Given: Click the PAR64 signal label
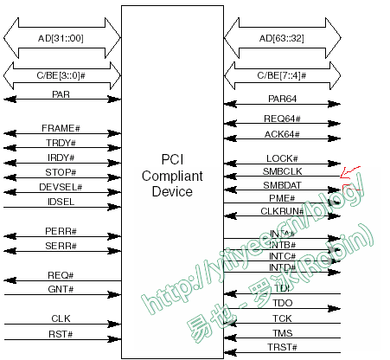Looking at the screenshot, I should [x=281, y=99].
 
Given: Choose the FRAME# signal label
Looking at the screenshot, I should [x=61, y=128].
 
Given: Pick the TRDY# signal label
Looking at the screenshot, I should [x=61, y=143].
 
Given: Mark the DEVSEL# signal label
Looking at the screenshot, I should [x=61, y=187].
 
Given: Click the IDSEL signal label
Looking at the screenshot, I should [x=61, y=202].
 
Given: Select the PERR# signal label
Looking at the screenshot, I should [x=61, y=231].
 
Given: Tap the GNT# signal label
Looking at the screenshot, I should [x=61, y=289].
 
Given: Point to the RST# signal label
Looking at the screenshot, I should [x=61, y=333].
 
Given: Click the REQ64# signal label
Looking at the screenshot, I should [x=281, y=119].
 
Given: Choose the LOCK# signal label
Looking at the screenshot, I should [x=282, y=158].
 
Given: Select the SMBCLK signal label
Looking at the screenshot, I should [x=282, y=171].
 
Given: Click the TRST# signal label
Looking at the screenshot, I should [x=283, y=347].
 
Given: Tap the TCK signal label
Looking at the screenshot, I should [x=283, y=318].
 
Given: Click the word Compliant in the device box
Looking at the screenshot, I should [x=173, y=176].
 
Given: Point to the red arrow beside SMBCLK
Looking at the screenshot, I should [x=351, y=173].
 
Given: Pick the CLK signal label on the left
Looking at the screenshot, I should [x=61, y=318].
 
